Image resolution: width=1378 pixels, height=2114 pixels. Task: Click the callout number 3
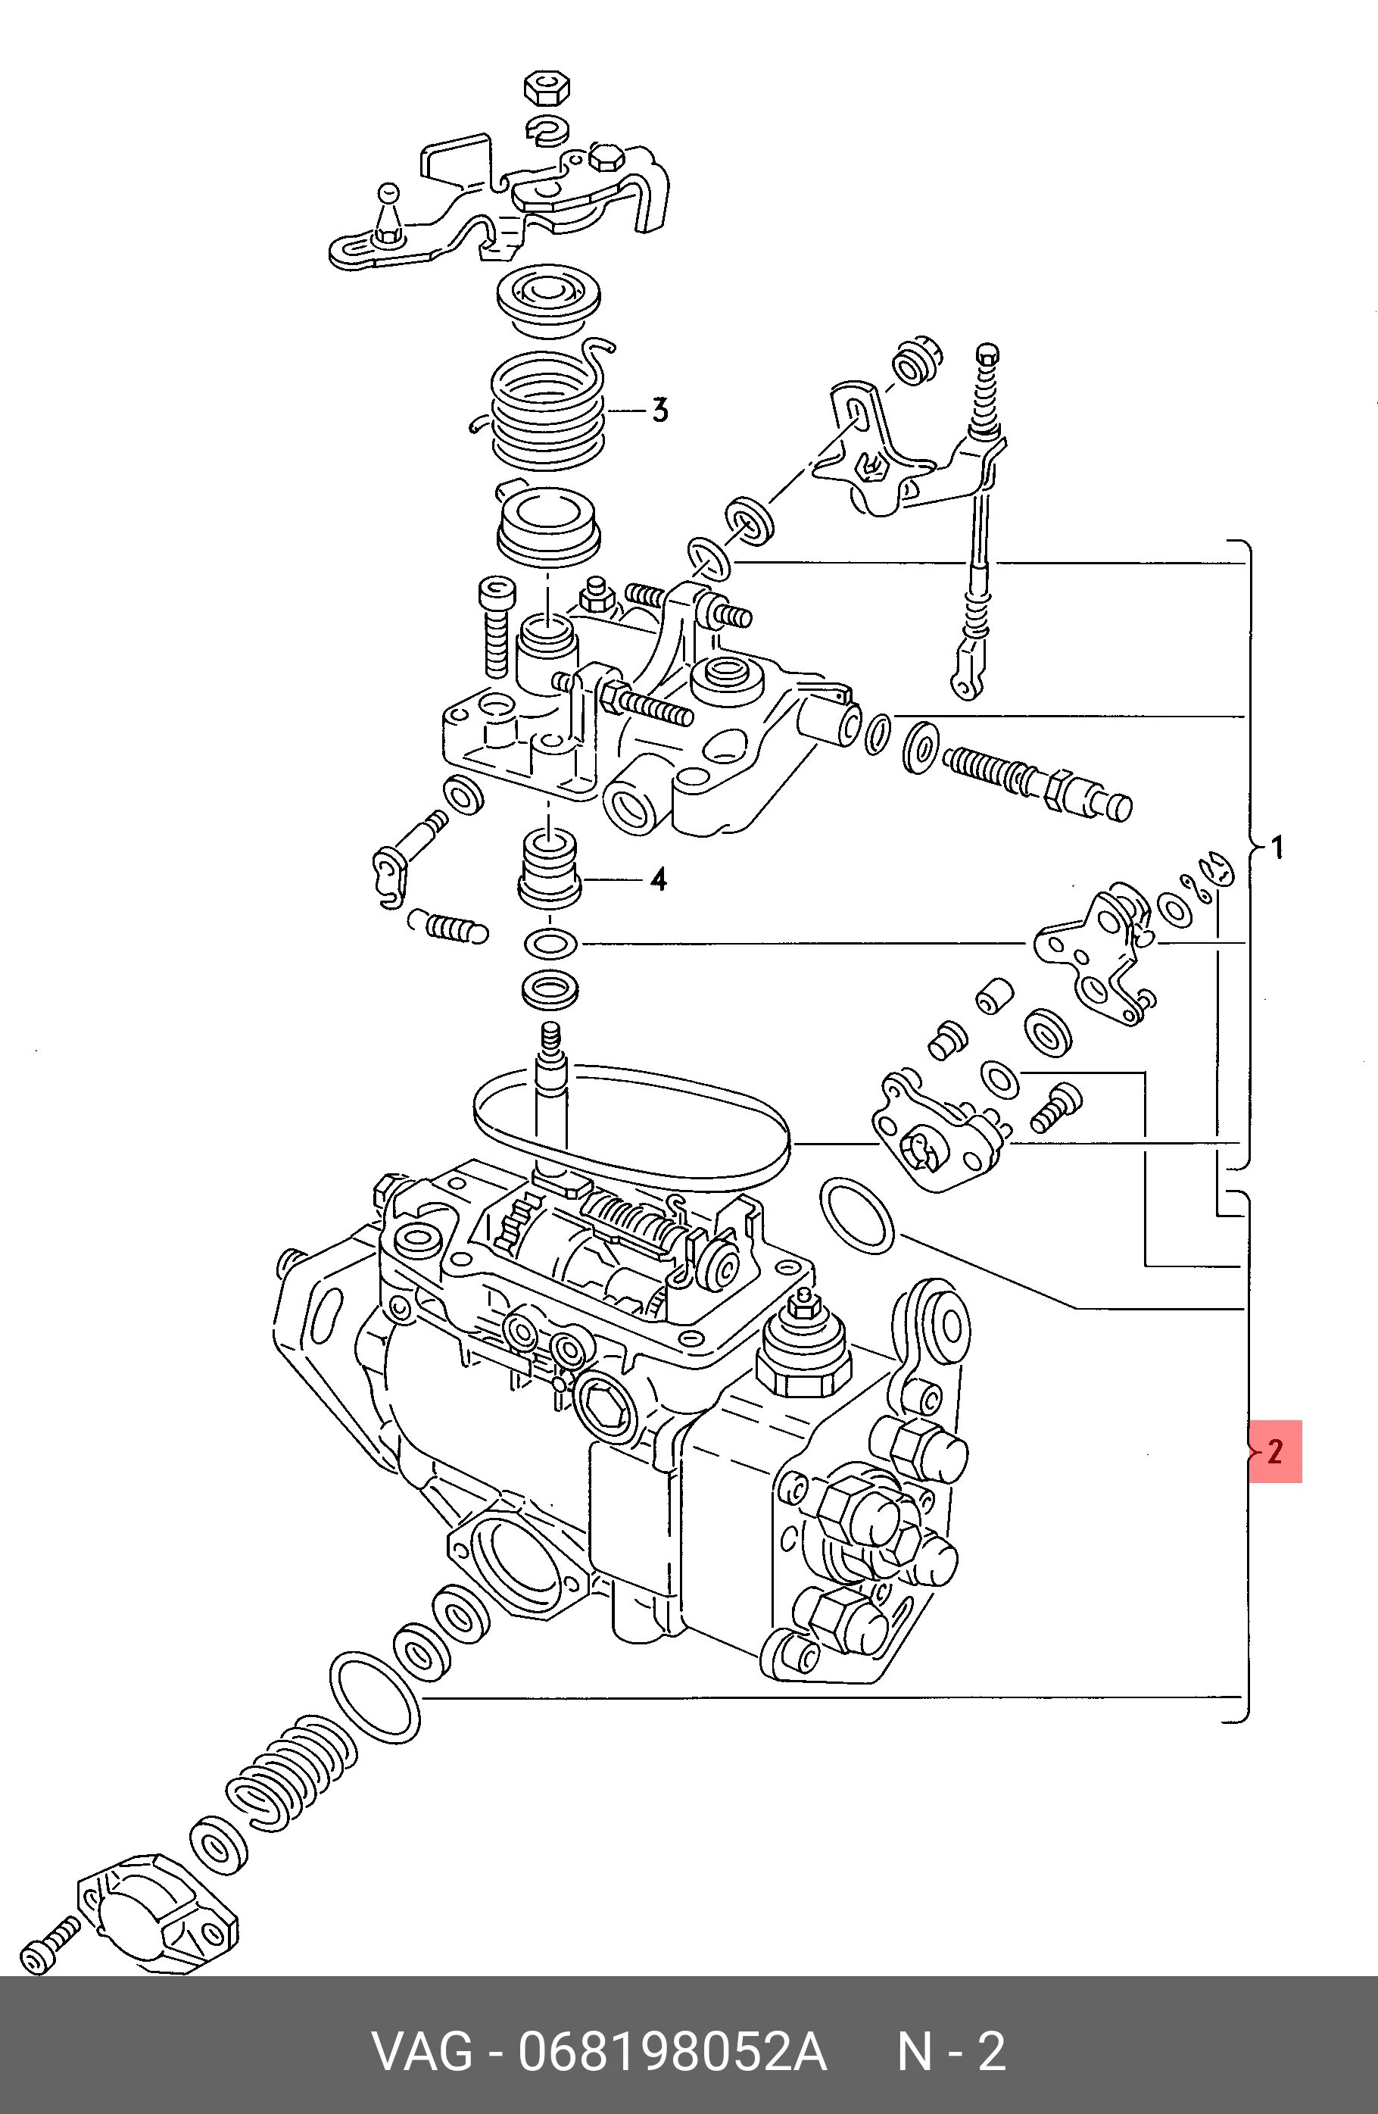click(x=659, y=411)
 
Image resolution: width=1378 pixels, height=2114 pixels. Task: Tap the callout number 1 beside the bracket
click(x=1277, y=848)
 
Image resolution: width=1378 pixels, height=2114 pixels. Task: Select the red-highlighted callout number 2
click(x=1275, y=1451)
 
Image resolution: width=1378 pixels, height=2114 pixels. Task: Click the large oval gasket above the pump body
click(x=631, y=1130)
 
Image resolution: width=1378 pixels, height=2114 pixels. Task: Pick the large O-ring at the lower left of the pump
click(x=375, y=1698)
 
